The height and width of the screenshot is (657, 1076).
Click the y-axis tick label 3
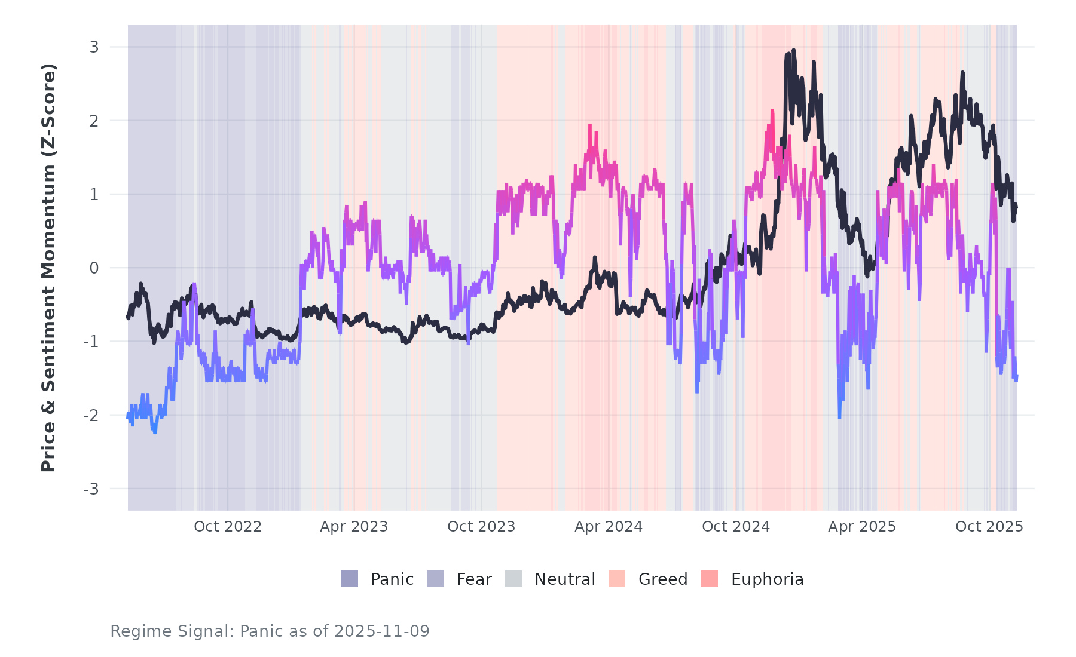pos(94,47)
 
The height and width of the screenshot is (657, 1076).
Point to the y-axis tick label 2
pos(94,121)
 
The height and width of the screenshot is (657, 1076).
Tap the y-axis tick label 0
pos(94,268)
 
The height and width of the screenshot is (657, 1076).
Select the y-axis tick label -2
pos(91,416)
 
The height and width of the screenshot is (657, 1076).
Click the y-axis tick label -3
pos(91,489)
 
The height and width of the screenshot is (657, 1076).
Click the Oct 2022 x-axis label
pos(228,527)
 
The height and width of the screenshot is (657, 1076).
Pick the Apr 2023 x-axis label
pos(354,527)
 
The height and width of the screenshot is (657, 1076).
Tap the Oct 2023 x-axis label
pos(481,527)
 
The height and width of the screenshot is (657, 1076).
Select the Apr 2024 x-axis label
pos(609,527)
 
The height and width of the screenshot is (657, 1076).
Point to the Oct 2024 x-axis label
pos(736,527)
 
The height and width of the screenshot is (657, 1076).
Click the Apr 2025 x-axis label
pos(862,527)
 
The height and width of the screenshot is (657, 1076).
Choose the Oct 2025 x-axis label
pos(989,527)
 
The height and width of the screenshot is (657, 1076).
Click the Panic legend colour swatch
pos(350,579)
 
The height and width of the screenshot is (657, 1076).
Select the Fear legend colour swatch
pos(435,579)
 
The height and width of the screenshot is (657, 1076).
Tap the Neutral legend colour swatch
pos(513,579)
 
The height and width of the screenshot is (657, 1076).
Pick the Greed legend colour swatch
pos(617,579)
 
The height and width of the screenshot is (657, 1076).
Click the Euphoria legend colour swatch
pos(710,579)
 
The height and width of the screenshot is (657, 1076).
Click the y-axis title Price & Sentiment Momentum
pos(48,268)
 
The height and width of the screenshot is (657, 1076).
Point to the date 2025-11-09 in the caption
pos(382,631)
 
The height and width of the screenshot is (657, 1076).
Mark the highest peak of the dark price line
pos(793,51)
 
